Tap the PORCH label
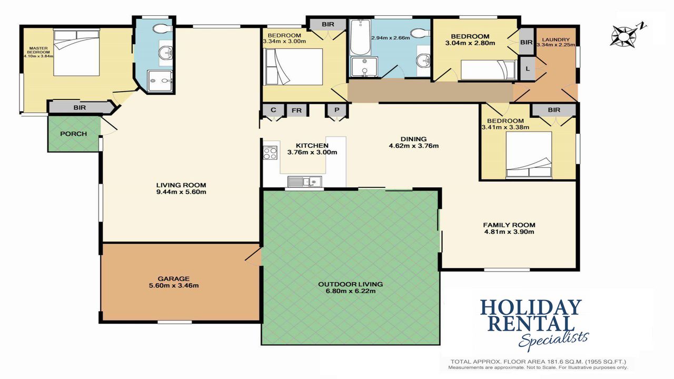pos(73,134)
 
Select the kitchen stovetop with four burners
pos(270,153)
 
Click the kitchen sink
pos(305,182)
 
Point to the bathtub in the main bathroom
pos(360,38)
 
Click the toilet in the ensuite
pos(163,29)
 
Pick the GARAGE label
pos(174,279)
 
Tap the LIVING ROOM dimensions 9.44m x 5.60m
pos(181,192)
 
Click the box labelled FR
pos(296,110)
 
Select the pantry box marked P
pos(336,110)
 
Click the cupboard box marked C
pos(273,110)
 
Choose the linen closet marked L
pos(528,69)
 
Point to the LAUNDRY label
pos(556,39)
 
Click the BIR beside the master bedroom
pos(80,107)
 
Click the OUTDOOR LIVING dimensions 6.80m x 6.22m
pos(351,291)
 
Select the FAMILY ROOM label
pos(509,225)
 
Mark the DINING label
pos(413,139)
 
